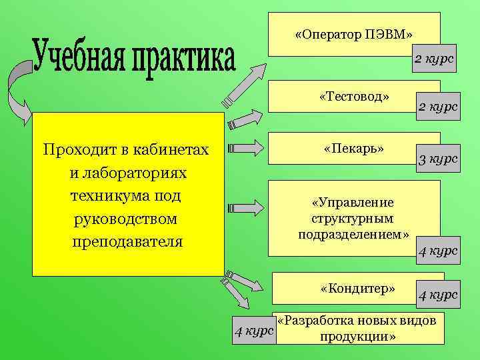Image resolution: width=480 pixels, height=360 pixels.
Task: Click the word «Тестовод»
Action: coord(354,97)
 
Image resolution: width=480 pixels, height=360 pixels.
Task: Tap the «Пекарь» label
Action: coord(354,147)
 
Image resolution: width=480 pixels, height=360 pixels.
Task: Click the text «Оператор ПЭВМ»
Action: coord(354,33)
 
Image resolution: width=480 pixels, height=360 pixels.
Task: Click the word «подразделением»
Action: coord(353,234)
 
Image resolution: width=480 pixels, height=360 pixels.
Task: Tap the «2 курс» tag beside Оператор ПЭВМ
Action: coord(434,59)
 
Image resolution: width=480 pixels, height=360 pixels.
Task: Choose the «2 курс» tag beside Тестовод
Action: coord(438,106)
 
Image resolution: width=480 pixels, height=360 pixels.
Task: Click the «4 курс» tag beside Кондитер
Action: coord(438,294)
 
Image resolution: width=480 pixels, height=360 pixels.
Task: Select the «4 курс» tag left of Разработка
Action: coord(252,330)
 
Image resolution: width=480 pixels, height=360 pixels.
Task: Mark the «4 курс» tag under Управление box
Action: coord(438,251)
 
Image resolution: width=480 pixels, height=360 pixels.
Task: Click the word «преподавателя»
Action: coord(126,241)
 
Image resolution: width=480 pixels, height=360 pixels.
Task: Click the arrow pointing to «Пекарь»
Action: coord(247,147)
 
